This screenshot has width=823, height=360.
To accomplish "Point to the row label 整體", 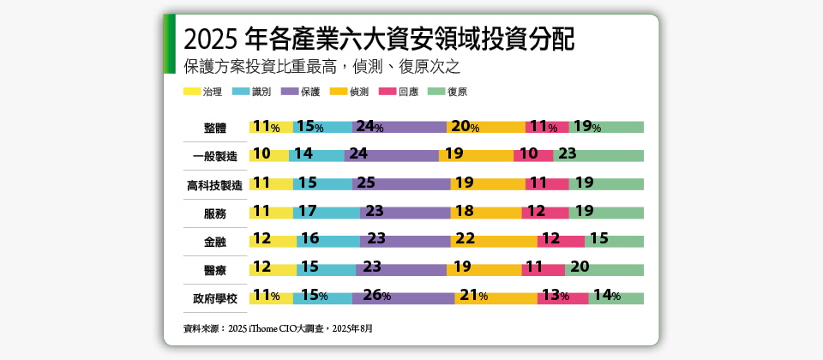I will point(215,128).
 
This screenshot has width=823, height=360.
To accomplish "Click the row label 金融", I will point(215,242).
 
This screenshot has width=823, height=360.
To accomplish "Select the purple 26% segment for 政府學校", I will point(403,298).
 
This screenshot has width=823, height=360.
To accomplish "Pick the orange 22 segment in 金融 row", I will point(494,242).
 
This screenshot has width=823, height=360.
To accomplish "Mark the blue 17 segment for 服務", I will point(327,213).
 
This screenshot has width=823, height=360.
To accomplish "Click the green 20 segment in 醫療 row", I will point(604,270).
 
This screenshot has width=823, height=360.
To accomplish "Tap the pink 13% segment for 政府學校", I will point(562,298).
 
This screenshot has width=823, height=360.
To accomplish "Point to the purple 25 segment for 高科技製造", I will point(401,184).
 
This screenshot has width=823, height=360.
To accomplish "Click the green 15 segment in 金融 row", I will point(614,242).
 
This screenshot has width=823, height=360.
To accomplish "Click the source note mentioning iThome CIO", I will point(279,328).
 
